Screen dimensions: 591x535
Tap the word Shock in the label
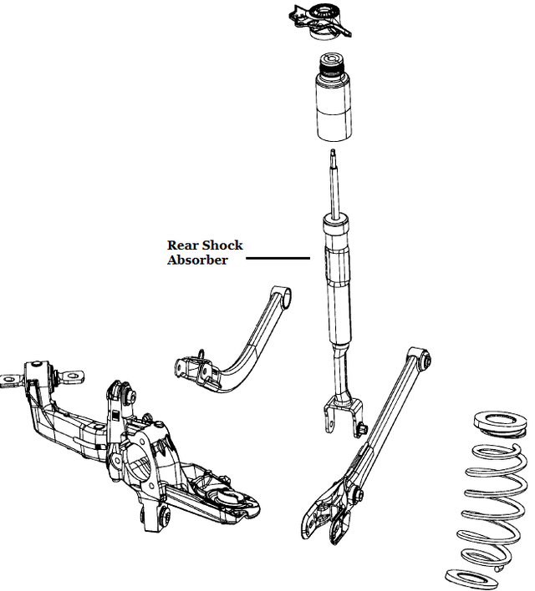coord(223,245)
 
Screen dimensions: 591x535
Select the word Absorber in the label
coord(197,260)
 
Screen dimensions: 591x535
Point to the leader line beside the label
coord(278,258)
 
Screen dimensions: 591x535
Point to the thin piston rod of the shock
coord(334,184)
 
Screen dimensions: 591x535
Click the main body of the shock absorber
coord(339,284)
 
